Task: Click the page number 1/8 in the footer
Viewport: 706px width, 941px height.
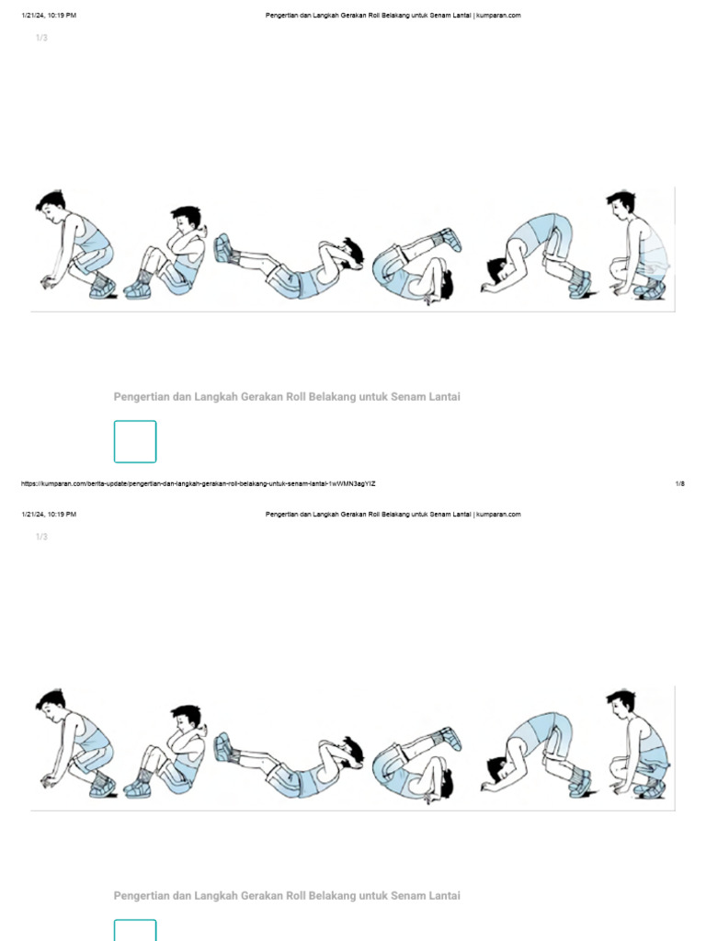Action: pos(679,483)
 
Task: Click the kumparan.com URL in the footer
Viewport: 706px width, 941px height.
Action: pos(199,483)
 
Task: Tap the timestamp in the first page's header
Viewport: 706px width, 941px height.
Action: pos(49,16)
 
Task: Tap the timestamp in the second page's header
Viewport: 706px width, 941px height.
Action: pos(49,515)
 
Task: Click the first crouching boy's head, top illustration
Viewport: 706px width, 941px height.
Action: pos(51,205)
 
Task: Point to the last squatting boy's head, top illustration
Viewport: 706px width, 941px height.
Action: pos(621,205)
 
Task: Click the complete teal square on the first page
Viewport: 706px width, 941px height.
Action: pos(135,442)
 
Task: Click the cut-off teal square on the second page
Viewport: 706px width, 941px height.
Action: pos(135,930)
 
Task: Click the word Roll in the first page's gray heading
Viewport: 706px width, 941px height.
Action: pos(295,397)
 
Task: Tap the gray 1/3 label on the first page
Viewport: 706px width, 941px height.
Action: pos(41,38)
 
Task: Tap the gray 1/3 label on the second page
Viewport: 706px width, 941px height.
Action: pos(41,537)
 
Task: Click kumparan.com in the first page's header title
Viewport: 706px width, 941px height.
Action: pos(498,16)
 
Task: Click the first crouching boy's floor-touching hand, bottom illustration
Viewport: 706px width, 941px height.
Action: pos(48,781)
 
